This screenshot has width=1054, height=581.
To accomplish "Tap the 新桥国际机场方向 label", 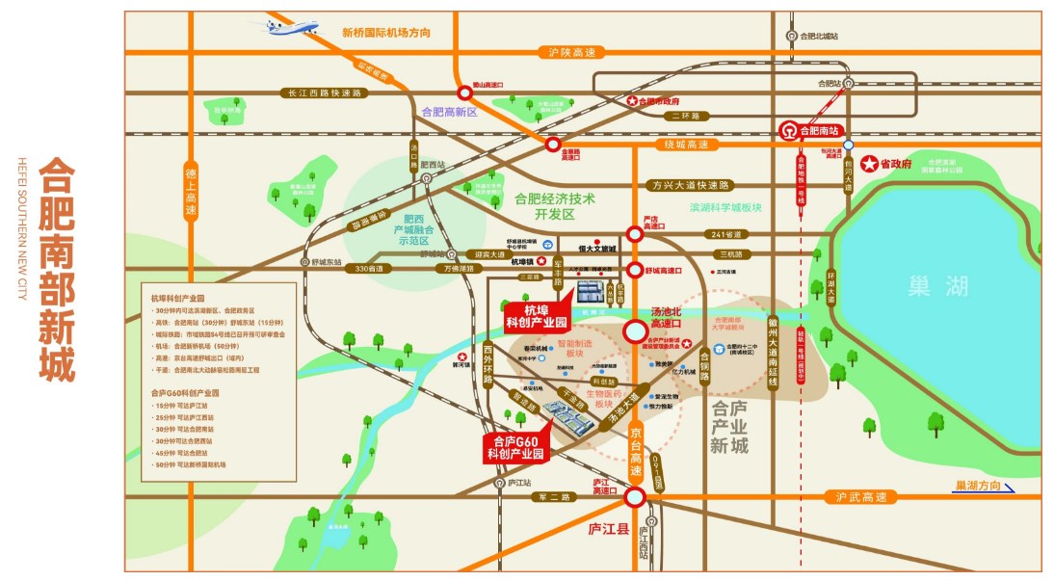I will (x=386, y=33).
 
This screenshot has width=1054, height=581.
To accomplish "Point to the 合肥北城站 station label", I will (x=819, y=36).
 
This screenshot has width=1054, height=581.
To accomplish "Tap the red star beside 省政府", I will (x=869, y=164).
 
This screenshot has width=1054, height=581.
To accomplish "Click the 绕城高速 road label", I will (x=692, y=145).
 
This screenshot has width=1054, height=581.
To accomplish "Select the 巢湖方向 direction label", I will (x=977, y=485).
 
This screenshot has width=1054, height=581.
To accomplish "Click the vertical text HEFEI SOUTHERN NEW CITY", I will (x=21, y=227).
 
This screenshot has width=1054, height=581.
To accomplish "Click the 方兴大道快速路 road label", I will (x=690, y=185).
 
